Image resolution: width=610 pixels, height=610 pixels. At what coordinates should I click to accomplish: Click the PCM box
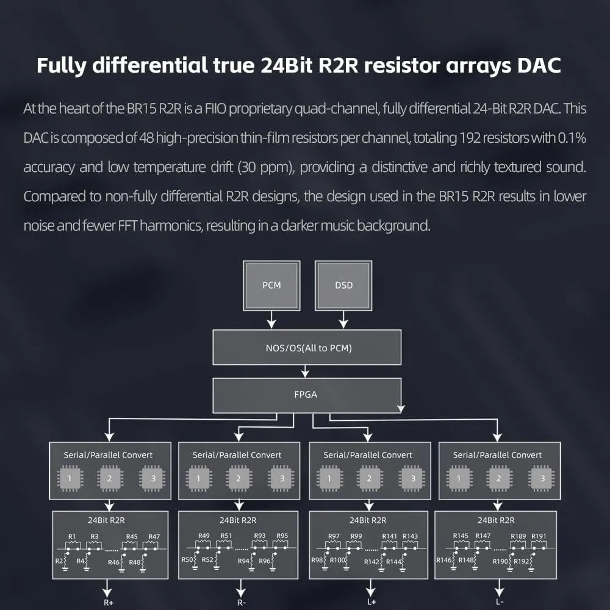[x=271, y=285]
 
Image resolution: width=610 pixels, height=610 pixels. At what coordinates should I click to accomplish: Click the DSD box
[x=343, y=285]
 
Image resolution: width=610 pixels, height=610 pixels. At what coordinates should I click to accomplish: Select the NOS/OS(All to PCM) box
[x=307, y=348]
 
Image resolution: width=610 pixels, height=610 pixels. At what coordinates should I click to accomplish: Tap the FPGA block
[x=307, y=395]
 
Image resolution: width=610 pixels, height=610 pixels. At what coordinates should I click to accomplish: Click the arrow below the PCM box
[x=271, y=320]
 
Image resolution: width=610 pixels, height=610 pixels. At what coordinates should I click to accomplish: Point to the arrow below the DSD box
[x=343, y=320]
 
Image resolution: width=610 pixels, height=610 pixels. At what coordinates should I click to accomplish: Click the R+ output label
[x=109, y=603]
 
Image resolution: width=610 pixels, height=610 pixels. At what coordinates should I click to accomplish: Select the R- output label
[x=242, y=603]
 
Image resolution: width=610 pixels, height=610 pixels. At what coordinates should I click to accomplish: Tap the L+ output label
[x=371, y=602]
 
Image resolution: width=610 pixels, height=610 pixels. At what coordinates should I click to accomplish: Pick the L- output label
[x=500, y=602]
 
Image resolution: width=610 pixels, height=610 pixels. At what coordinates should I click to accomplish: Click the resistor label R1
[x=72, y=536]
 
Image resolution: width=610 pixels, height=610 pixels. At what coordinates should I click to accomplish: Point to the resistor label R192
[x=522, y=561]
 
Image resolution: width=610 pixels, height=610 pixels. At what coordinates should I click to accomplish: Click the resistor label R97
[x=334, y=536]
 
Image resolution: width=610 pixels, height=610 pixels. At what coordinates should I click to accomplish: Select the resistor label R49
[x=204, y=536]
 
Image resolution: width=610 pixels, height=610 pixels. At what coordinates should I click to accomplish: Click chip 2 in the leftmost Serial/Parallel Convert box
[x=110, y=478]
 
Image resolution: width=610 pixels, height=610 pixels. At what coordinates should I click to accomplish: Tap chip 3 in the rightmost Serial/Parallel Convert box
[x=542, y=478]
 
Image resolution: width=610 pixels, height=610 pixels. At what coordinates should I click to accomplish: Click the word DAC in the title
[x=539, y=65]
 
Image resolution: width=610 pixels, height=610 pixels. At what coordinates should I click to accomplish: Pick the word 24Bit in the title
[x=286, y=65]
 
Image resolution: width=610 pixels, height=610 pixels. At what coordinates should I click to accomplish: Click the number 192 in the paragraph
[x=470, y=138]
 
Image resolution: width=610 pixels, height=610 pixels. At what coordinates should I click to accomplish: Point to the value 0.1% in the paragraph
[x=572, y=138]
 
